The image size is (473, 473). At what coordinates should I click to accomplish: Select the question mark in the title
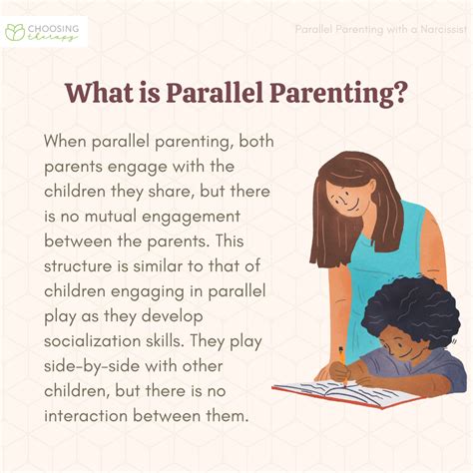[x=397, y=95]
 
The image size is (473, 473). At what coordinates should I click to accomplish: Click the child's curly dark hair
[x=409, y=304]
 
